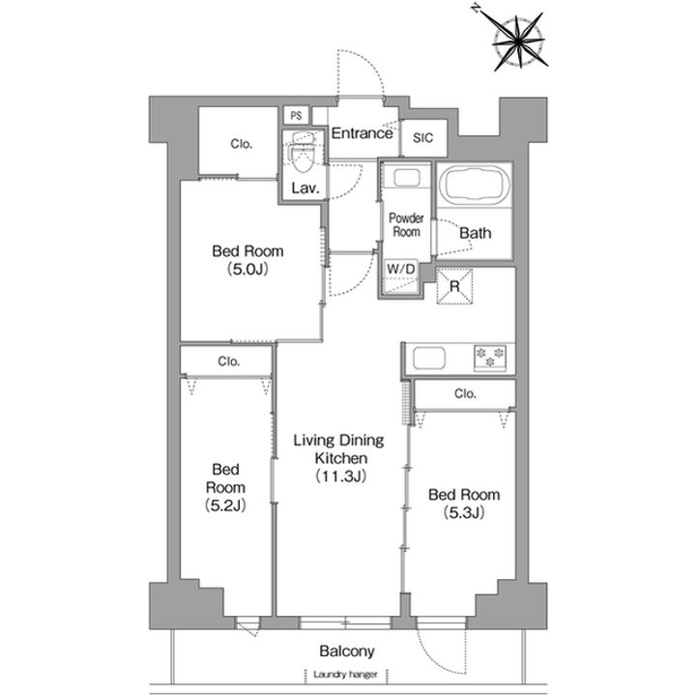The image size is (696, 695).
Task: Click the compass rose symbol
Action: tap(518, 43)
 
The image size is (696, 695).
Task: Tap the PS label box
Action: tap(296, 116)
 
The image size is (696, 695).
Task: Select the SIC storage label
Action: tap(422, 138)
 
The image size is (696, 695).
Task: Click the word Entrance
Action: tap(362, 133)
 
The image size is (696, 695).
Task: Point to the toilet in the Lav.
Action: tap(303, 156)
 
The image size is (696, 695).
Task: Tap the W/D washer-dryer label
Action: tap(401, 269)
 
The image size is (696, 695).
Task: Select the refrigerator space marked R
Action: tap(454, 286)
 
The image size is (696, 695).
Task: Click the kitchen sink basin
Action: tap(429, 359)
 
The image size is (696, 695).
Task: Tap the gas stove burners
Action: tap(490, 358)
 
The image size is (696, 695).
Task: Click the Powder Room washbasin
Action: tap(407, 179)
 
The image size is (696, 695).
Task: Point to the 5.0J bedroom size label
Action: tap(247, 270)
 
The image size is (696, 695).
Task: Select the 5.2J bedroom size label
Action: tap(225, 506)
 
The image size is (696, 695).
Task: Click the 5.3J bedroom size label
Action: tap(464, 512)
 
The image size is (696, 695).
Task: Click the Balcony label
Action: tap(347, 652)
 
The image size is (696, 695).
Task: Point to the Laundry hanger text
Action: tap(345, 675)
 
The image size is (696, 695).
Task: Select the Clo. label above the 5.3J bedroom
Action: tap(465, 393)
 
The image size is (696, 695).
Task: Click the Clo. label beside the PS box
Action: tap(242, 144)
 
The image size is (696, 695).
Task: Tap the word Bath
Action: tap(476, 233)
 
